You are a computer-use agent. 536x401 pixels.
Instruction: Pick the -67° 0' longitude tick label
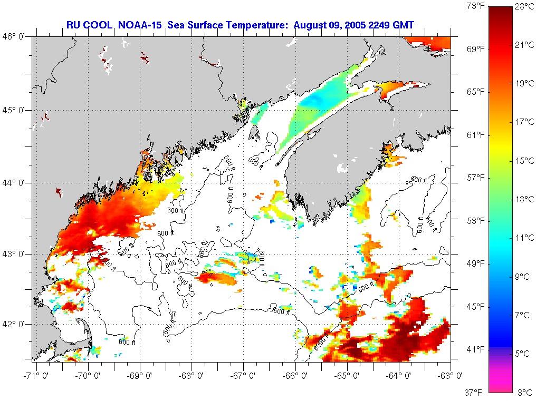click(243, 376)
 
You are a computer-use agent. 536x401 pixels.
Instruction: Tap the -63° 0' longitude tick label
click(451, 376)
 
